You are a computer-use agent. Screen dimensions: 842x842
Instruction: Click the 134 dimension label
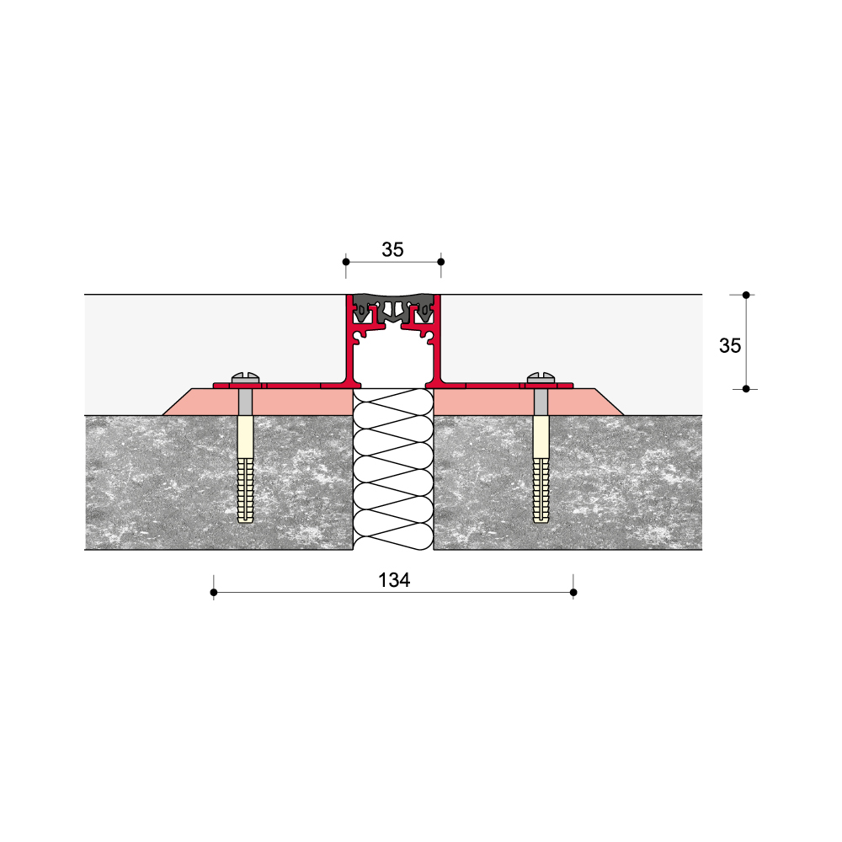[394, 580]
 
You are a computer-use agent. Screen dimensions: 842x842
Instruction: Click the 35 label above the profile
[392, 250]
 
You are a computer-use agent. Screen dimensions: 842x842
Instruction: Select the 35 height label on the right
[730, 346]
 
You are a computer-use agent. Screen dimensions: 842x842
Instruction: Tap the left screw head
[245, 377]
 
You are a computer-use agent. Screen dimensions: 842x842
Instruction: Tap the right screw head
[541, 377]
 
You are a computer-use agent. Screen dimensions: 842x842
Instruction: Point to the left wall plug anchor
[245, 468]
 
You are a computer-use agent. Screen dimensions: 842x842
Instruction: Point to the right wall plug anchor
[541, 468]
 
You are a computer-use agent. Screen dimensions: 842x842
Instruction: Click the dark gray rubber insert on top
[393, 307]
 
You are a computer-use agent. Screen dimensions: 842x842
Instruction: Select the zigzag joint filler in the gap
[393, 469]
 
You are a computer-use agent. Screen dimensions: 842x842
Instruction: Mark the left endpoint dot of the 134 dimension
[214, 592]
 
